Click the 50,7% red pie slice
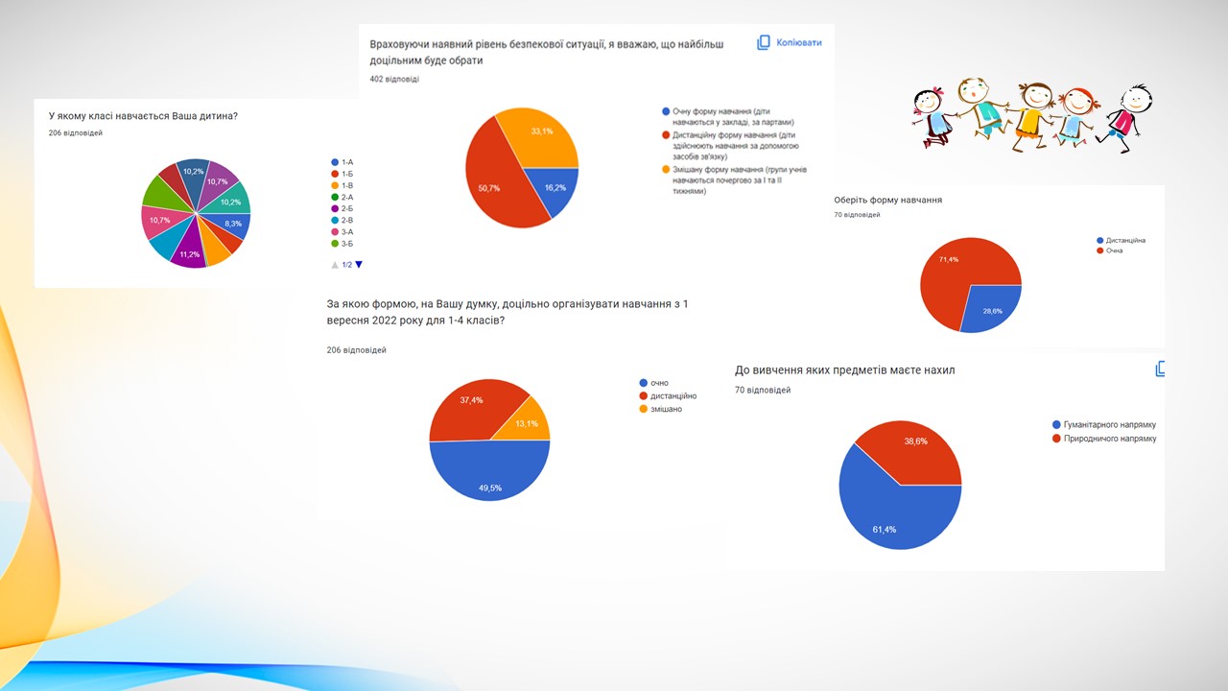coord(494,182)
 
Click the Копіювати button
coord(790,43)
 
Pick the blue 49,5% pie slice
coord(489,475)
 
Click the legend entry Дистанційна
coord(1124,240)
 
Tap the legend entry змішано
coord(666,409)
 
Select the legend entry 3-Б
coord(346,244)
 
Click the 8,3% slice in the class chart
coord(234,224)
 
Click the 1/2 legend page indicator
coord(346,264)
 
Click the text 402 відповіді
coord(393,79)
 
